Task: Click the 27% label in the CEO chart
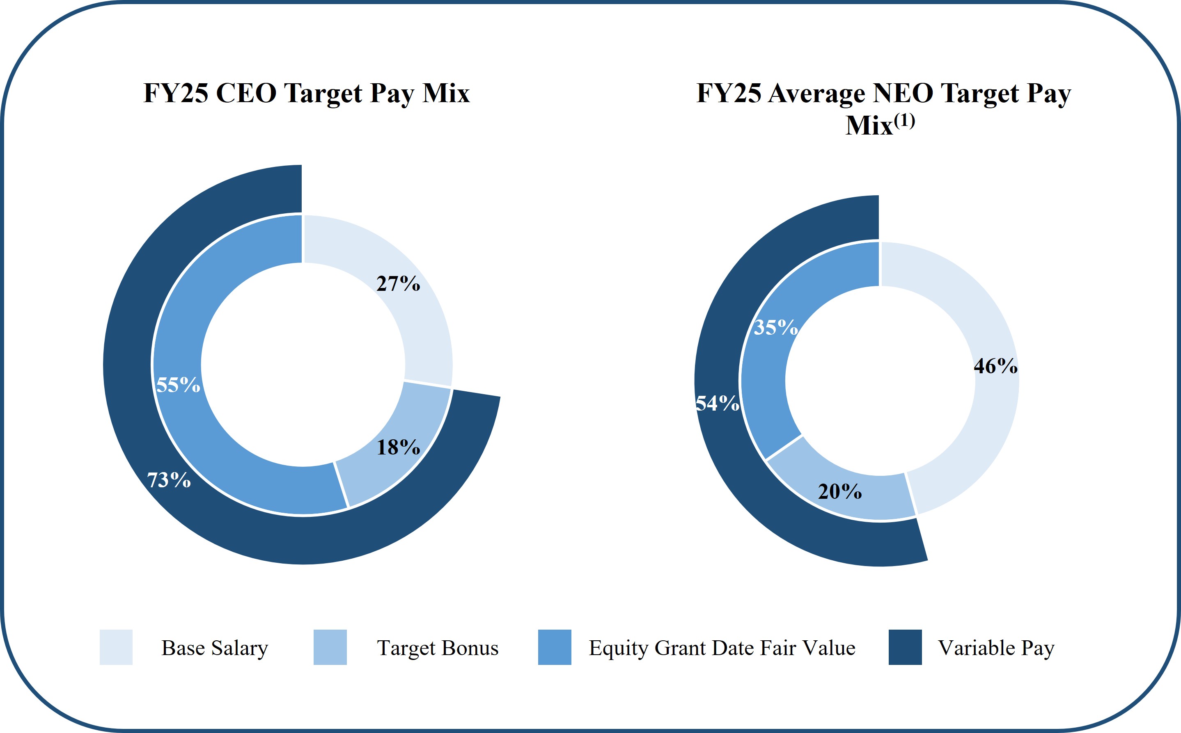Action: [398, 283]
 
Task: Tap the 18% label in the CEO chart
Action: [398, 447]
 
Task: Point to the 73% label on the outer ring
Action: [169, 480]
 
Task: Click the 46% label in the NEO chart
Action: [995, 366]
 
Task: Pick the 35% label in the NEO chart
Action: [775, 327]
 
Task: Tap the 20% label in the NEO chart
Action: [839, 491]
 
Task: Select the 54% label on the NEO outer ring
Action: [717, 403]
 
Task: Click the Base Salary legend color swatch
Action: [116, 647]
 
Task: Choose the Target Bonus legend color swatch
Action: [330, 647]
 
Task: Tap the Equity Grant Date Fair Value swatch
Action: [554, 647]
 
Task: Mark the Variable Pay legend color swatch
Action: [905, 647]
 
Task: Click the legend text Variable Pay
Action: [996, 648]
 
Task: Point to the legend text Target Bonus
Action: [438, 648]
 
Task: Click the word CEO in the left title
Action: [246, 93]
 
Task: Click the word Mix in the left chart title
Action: [446, 93]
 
